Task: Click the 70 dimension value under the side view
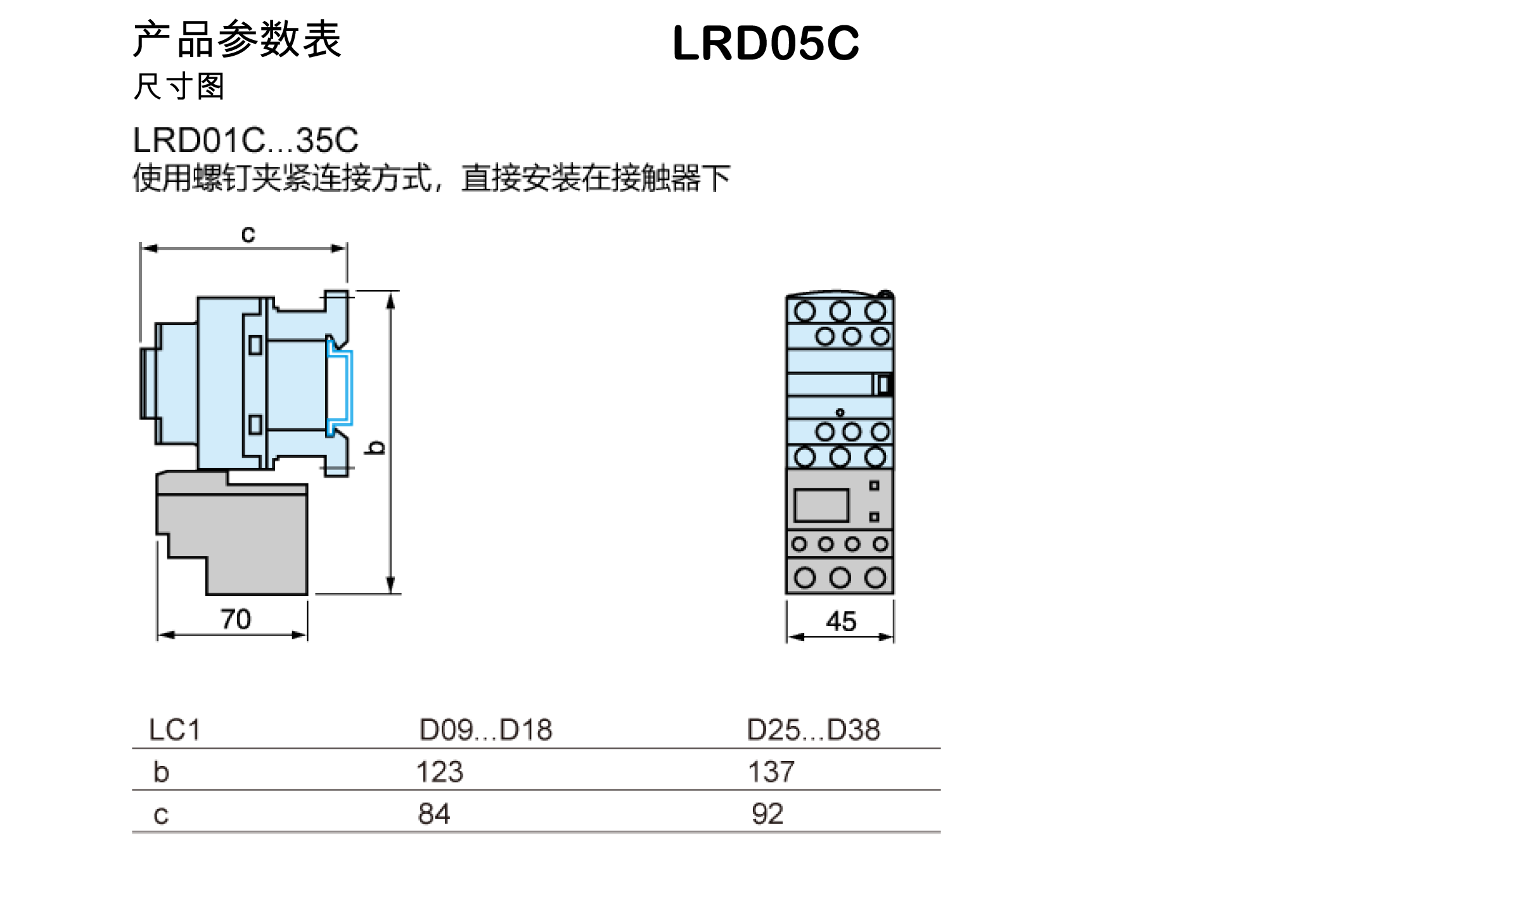pyautogui.click(x=236, y=619)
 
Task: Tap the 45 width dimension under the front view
pyautogui.click(x=841, y=621)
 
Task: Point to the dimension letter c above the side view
pyautogui.click(x=248, y=236)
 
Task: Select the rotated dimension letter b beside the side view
pyautogui.click(x=376, y=448)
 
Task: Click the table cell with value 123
pyautogui.click(x=439, y=772)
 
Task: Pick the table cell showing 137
pyautogui.click(x=771, y=772)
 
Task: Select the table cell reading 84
pyautogui.click(x=434, y=813)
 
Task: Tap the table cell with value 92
pyautogui.click(x=767, y=813)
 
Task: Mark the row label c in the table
pyautogui.click(x=161, y=815)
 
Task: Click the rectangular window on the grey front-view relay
pyautogui.click(x=821, y=506)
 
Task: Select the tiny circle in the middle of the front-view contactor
pyautogui.click(x=840, y=412)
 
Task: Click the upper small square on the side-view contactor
pyautogui.click(x=255, y=345)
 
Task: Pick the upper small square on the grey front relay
pyautogui.click(x=874, y=486)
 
